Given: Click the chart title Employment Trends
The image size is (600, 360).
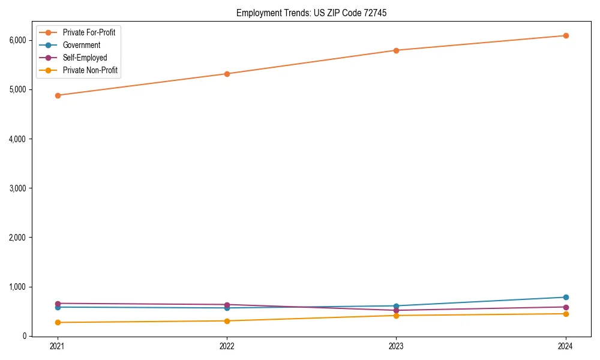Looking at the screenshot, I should coord(307,13).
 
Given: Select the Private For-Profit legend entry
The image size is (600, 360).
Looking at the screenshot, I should coord(89,32).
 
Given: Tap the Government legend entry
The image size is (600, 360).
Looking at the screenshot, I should coord(81,45).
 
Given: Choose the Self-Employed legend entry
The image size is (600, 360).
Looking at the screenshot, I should coord(85,58).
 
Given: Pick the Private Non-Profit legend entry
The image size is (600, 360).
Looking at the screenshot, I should coord(90,70).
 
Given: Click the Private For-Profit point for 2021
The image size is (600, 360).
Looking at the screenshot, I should coord(58,95).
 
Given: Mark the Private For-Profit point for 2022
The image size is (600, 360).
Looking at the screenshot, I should coord(227,74).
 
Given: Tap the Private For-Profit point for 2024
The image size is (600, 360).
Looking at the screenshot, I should coord(566,36).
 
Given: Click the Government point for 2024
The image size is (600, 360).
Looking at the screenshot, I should coord(566,298).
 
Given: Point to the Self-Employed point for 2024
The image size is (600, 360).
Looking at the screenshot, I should coord(566,307).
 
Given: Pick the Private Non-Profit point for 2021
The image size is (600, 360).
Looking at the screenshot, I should coord(58,323).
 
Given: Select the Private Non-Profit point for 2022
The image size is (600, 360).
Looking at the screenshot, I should coord(227,321).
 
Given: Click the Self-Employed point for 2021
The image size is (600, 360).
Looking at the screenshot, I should coord(58,304).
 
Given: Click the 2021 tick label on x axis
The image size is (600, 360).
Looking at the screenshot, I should coord(58,346).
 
